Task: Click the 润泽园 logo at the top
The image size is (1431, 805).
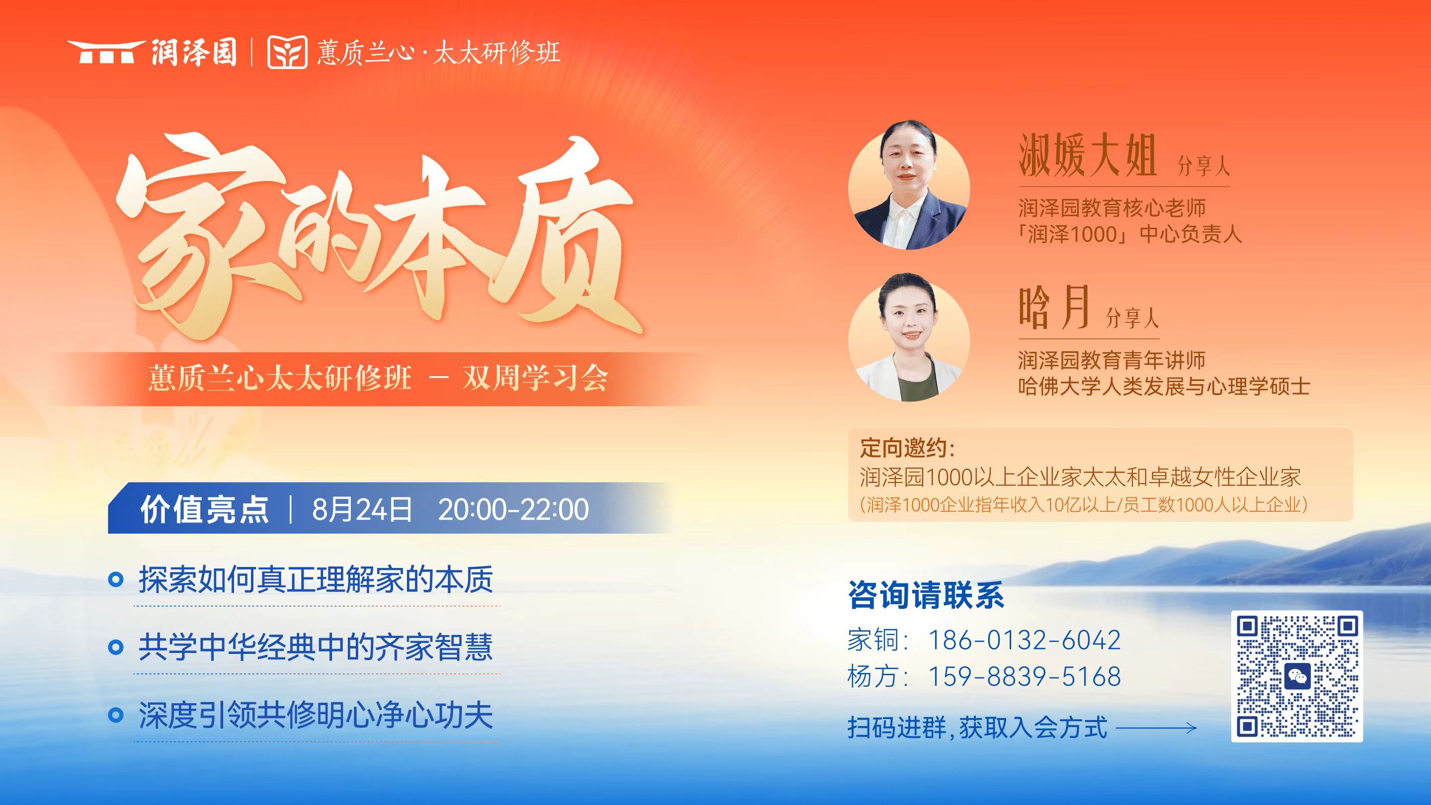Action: pos(152,52)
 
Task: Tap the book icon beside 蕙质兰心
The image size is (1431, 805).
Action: pos(287,52)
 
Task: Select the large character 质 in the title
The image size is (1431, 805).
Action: pos(561,244)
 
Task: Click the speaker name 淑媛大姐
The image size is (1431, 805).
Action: pos(1087,157)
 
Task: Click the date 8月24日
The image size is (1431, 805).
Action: pos(362,509)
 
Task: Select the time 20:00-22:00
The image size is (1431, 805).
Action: pos(513,509)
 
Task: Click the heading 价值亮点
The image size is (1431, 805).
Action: pos(204,509)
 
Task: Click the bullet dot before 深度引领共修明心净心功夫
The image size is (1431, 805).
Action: pos(116,715)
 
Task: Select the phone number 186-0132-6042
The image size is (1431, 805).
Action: pos(1024,640)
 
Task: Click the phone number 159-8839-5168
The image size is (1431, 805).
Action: pos(1024,677)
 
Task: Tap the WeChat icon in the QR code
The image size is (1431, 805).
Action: pos(1297,676)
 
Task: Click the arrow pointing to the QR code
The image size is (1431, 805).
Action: pos(1155,728)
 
